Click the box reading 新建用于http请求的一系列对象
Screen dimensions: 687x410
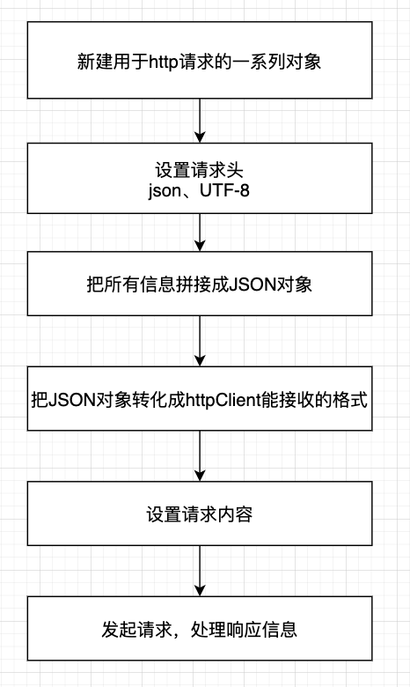click(201, 62)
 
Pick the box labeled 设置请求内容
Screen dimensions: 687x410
click(201, 513)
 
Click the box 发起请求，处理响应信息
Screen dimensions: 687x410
click(201, 629)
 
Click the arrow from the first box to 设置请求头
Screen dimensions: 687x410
click(201, 120)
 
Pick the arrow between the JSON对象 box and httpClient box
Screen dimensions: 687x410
click(201, 340)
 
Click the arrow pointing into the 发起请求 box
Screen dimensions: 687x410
click(201, 571)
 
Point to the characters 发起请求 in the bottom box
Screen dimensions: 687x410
click(132, 630)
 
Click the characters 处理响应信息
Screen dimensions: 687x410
click(249, 630)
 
